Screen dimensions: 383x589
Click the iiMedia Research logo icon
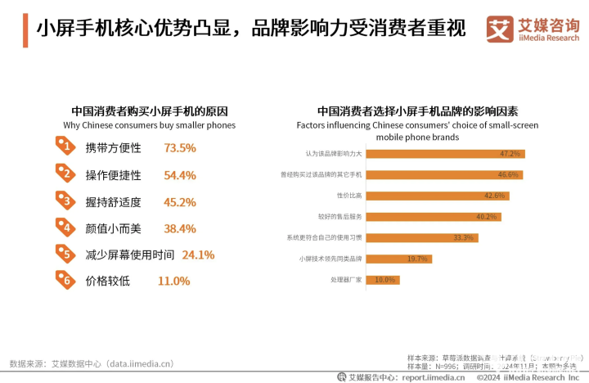500,28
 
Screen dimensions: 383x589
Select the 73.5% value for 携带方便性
180,148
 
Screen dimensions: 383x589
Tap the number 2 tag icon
65,173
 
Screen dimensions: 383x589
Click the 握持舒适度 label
114,202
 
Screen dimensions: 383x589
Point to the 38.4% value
180,228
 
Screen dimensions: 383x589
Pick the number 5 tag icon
65,254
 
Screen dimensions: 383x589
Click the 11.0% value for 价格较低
173,281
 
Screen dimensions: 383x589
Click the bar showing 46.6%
443,174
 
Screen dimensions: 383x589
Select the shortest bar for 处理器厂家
381,280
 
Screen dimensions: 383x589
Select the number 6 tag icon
65,280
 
